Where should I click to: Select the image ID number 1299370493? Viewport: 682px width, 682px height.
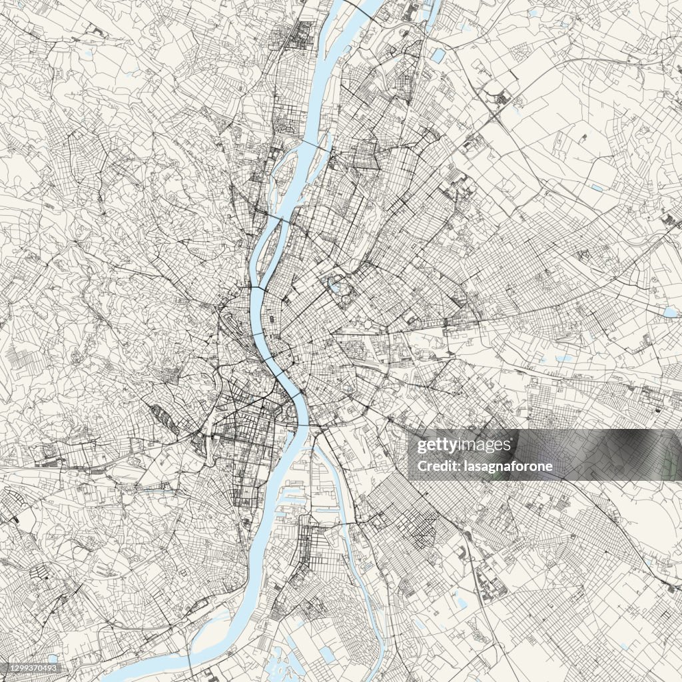31,668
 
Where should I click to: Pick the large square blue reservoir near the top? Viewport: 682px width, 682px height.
438,55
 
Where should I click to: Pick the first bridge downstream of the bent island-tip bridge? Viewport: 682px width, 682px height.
257,332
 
